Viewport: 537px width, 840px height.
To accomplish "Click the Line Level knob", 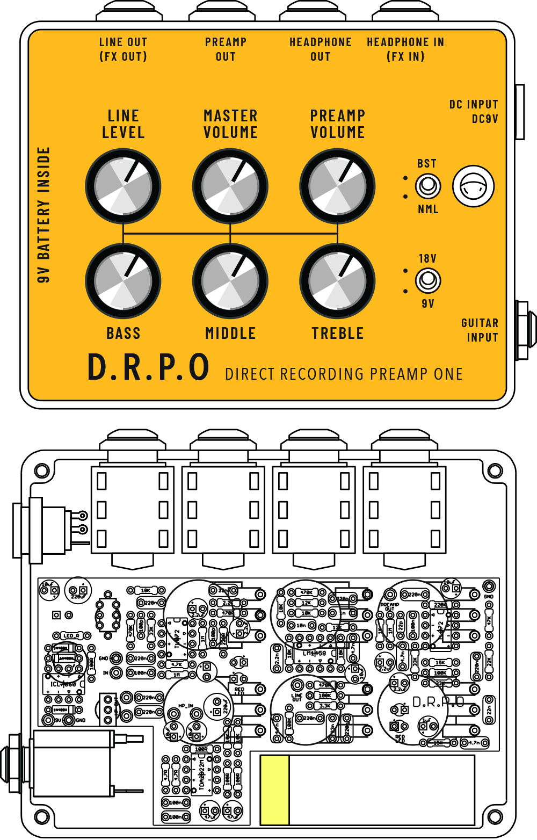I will point(123,186).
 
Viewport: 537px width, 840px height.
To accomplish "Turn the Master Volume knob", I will point(230,186).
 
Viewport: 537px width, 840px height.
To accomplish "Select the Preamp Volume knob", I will point(337,186).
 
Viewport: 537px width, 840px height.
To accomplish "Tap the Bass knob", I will point(123,281).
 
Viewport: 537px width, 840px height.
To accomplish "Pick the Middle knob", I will point(230,281).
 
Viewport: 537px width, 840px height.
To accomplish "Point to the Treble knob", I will point(337,281).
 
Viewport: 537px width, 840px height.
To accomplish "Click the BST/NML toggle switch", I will point(428,186).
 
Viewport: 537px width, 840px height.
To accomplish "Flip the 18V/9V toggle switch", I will point(428,280).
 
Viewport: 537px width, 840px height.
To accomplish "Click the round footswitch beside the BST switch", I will point(473,186).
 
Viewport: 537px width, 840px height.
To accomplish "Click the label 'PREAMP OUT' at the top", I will point(226,49).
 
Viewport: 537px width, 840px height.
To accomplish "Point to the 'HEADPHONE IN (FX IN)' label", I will point(405,49).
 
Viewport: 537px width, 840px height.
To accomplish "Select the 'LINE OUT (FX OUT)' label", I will point(123,49).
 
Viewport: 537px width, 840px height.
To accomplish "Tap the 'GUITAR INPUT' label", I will point(480,330).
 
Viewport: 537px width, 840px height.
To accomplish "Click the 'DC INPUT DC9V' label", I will point(474,112).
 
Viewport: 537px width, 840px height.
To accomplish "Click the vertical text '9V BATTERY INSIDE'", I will point(44,215).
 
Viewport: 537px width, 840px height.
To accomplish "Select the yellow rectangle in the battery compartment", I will point(274,790).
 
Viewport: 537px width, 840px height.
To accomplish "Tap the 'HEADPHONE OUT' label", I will point(320,49).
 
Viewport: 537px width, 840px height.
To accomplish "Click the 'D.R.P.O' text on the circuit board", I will point(438,702).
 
